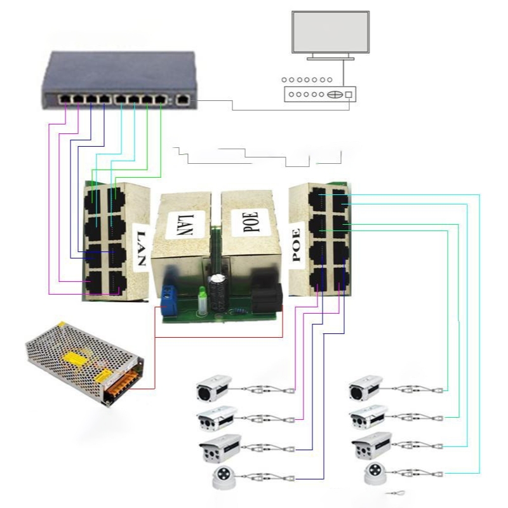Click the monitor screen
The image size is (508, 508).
pyautogui.click(x=330, y=32)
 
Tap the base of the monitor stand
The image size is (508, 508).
pyautogui.click(x=330, y=58)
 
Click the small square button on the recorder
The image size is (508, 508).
pyautogui.click(x=349, y=94)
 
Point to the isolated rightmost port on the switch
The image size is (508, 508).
pyautogui.click(x=183, y=99)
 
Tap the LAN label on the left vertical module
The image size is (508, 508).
pyautogui.click(x=141, y=248)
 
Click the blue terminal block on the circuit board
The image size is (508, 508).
pyautogui.click(x=170, y=299)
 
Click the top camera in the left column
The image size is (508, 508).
pyautogui.click(x=213, y=388)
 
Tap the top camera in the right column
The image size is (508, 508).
pyautogui.click(x=366, y=388)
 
